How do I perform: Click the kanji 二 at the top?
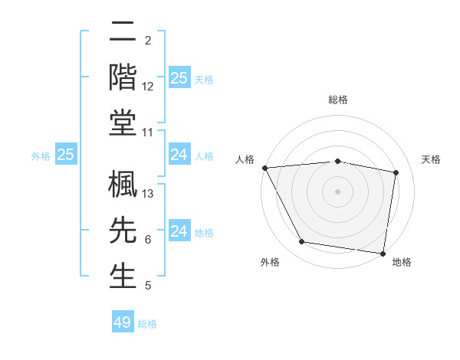click(123, 32)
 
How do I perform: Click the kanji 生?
click(123, 275)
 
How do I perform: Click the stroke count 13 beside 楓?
click(149, 194)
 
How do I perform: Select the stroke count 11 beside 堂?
click(149, 133)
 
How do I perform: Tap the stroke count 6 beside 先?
click(148, 240)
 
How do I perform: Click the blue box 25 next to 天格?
click(179, 77)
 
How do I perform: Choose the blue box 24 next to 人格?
click(179, 155)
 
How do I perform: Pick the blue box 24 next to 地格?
click(179, 231)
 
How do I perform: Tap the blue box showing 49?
click(123, 322)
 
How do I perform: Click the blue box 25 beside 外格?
click(66, 155)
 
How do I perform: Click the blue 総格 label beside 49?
click(147, 324)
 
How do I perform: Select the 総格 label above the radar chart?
click(338, 100)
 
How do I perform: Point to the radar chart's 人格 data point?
click(265, 168)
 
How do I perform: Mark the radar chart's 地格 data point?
click(383, 252)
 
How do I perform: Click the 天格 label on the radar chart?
click(431, 159)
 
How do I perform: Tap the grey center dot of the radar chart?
click(338, 191)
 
